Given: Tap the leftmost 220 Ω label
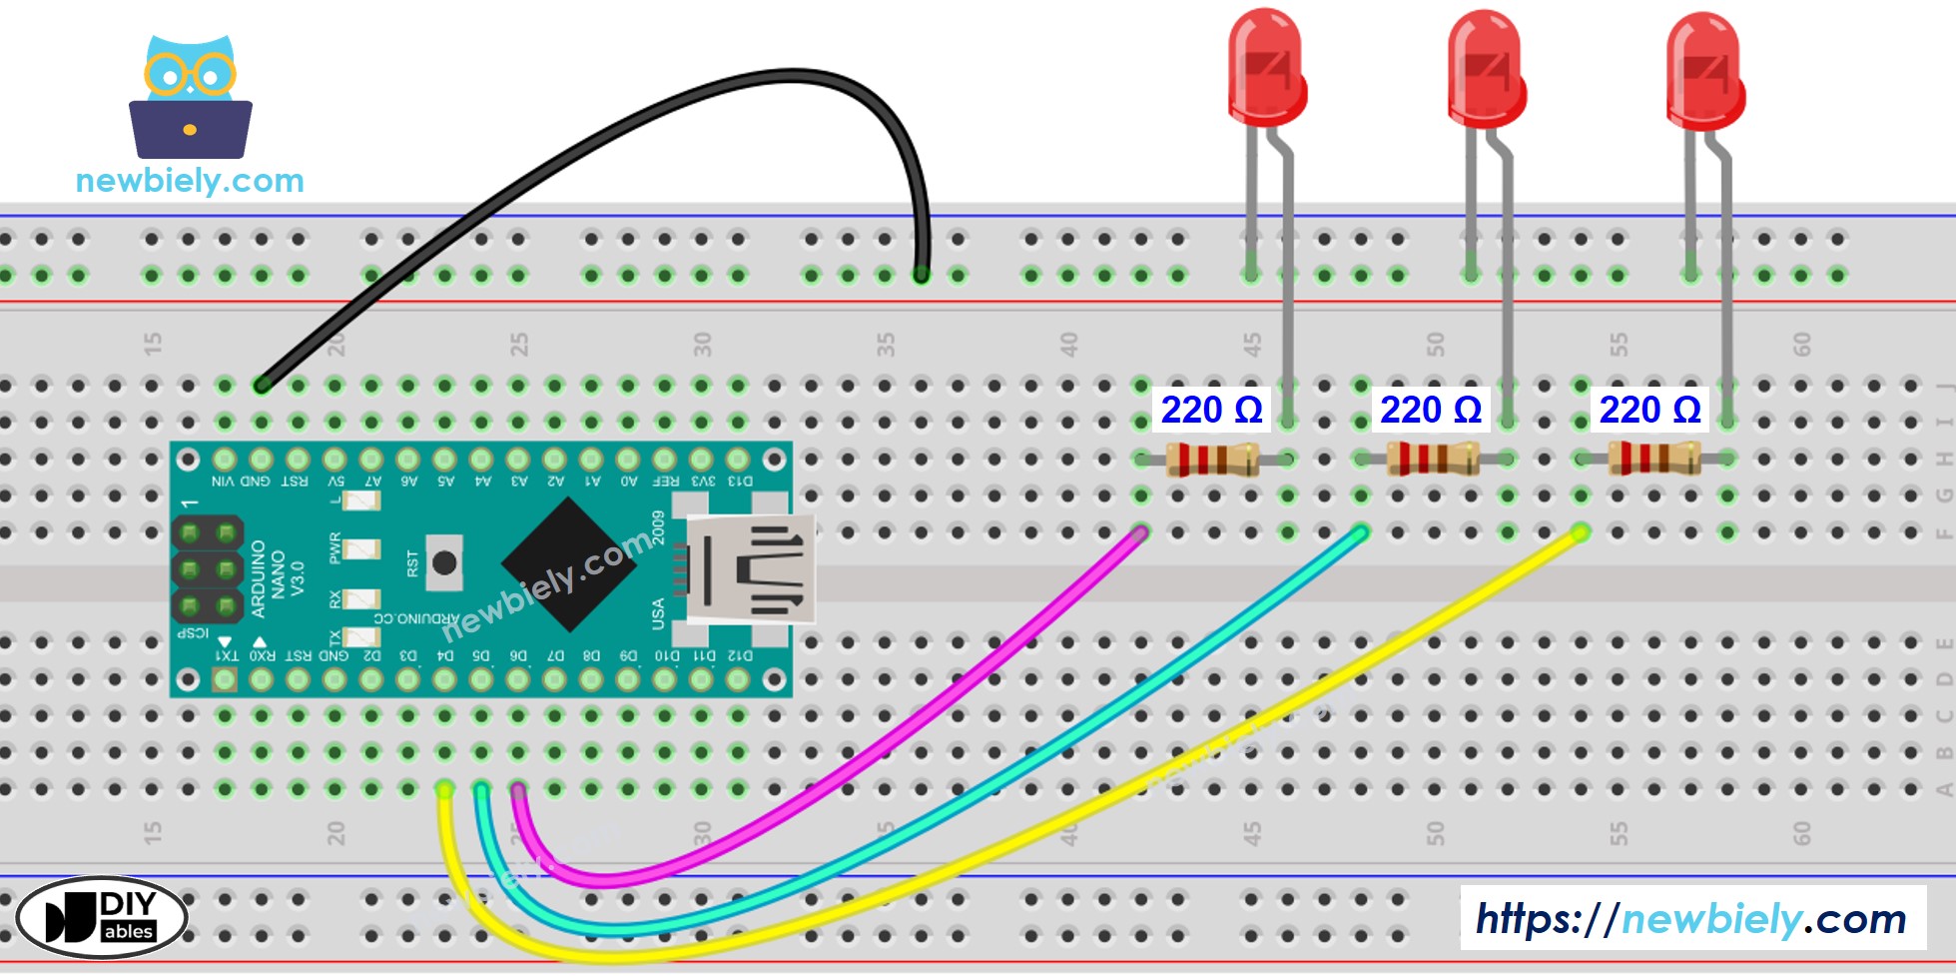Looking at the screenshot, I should click(x=1211, y=410).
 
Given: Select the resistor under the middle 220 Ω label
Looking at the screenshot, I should click(x=1432, y=460).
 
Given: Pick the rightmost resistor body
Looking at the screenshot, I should click(x=1652, y=460).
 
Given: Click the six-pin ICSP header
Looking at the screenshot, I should click(x=208, y=569).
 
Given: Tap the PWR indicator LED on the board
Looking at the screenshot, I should click(x=361, y=548).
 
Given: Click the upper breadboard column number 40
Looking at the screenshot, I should click(x=1068, y=346).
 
